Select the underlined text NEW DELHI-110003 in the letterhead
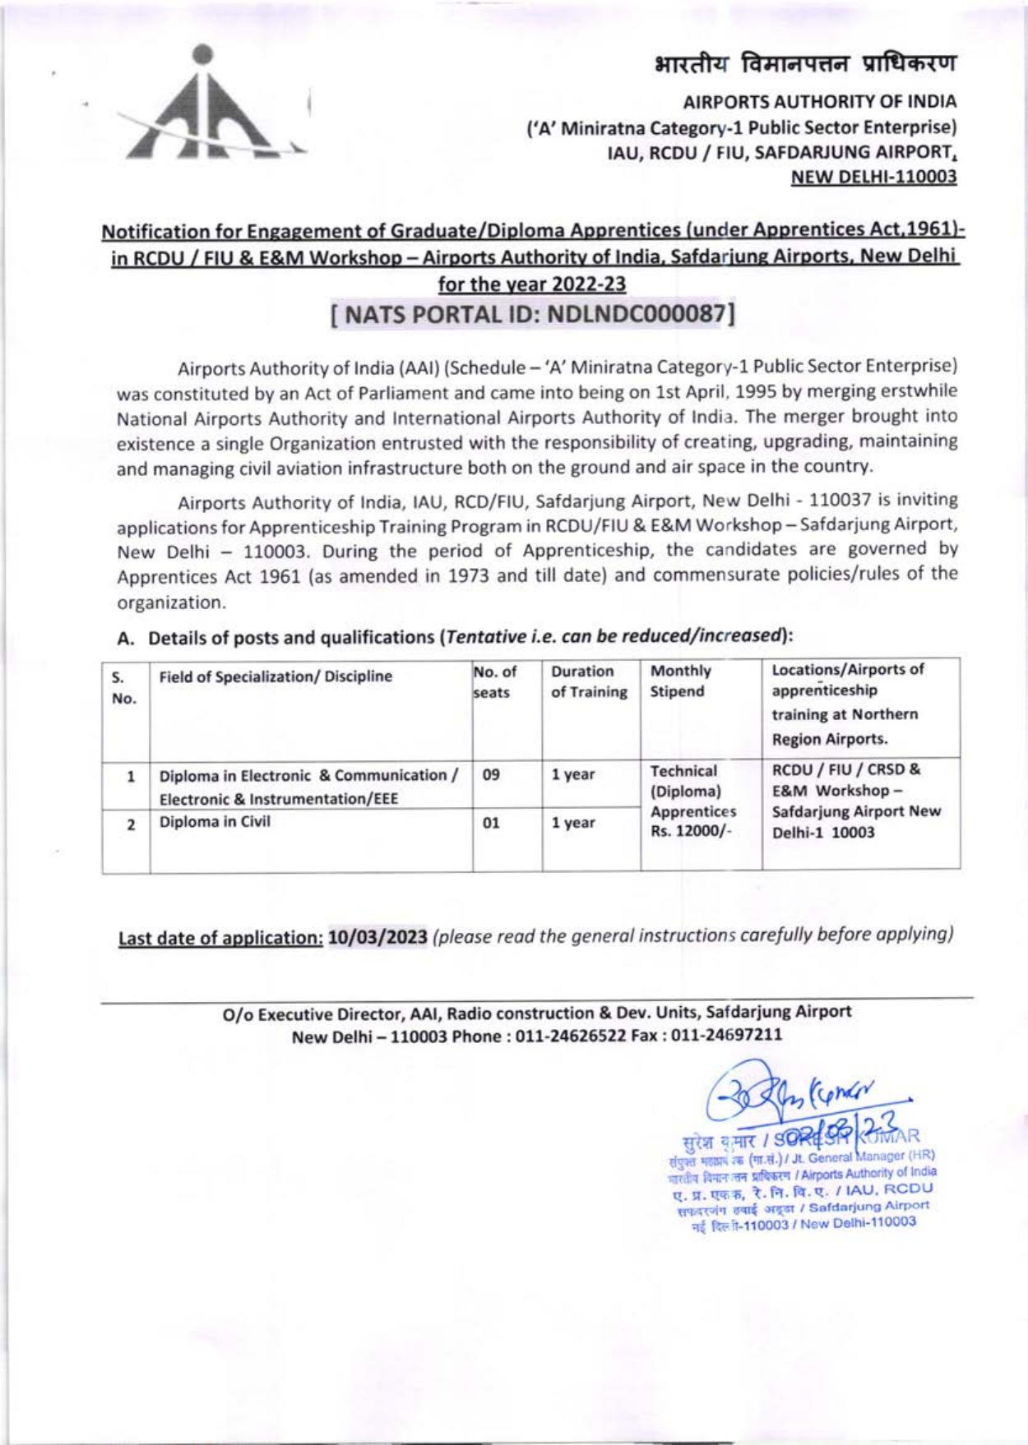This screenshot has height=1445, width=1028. pyautogui.click(x=873, y=177)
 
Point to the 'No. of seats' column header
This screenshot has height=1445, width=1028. pyautogui.click(x=495, y=682)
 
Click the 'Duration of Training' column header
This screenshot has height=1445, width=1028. pyautogui.click(x=589, y=682)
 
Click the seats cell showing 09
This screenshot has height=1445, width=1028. pyautogui.click(x=491, y=774)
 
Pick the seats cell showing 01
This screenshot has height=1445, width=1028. pyautogui.click(x=491, y=823)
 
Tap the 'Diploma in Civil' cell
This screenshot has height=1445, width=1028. pyautogui.click(x=215, y=821)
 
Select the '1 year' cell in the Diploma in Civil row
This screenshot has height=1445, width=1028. pyautogui.click(x=573, y=823)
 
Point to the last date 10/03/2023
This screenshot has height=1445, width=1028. pyautogui.click(x=377, y=937)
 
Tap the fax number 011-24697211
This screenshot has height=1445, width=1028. pyautogui.click(x=726, y=1036)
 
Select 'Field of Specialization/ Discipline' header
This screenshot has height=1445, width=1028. pyautogui.click(x=276, y=676)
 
